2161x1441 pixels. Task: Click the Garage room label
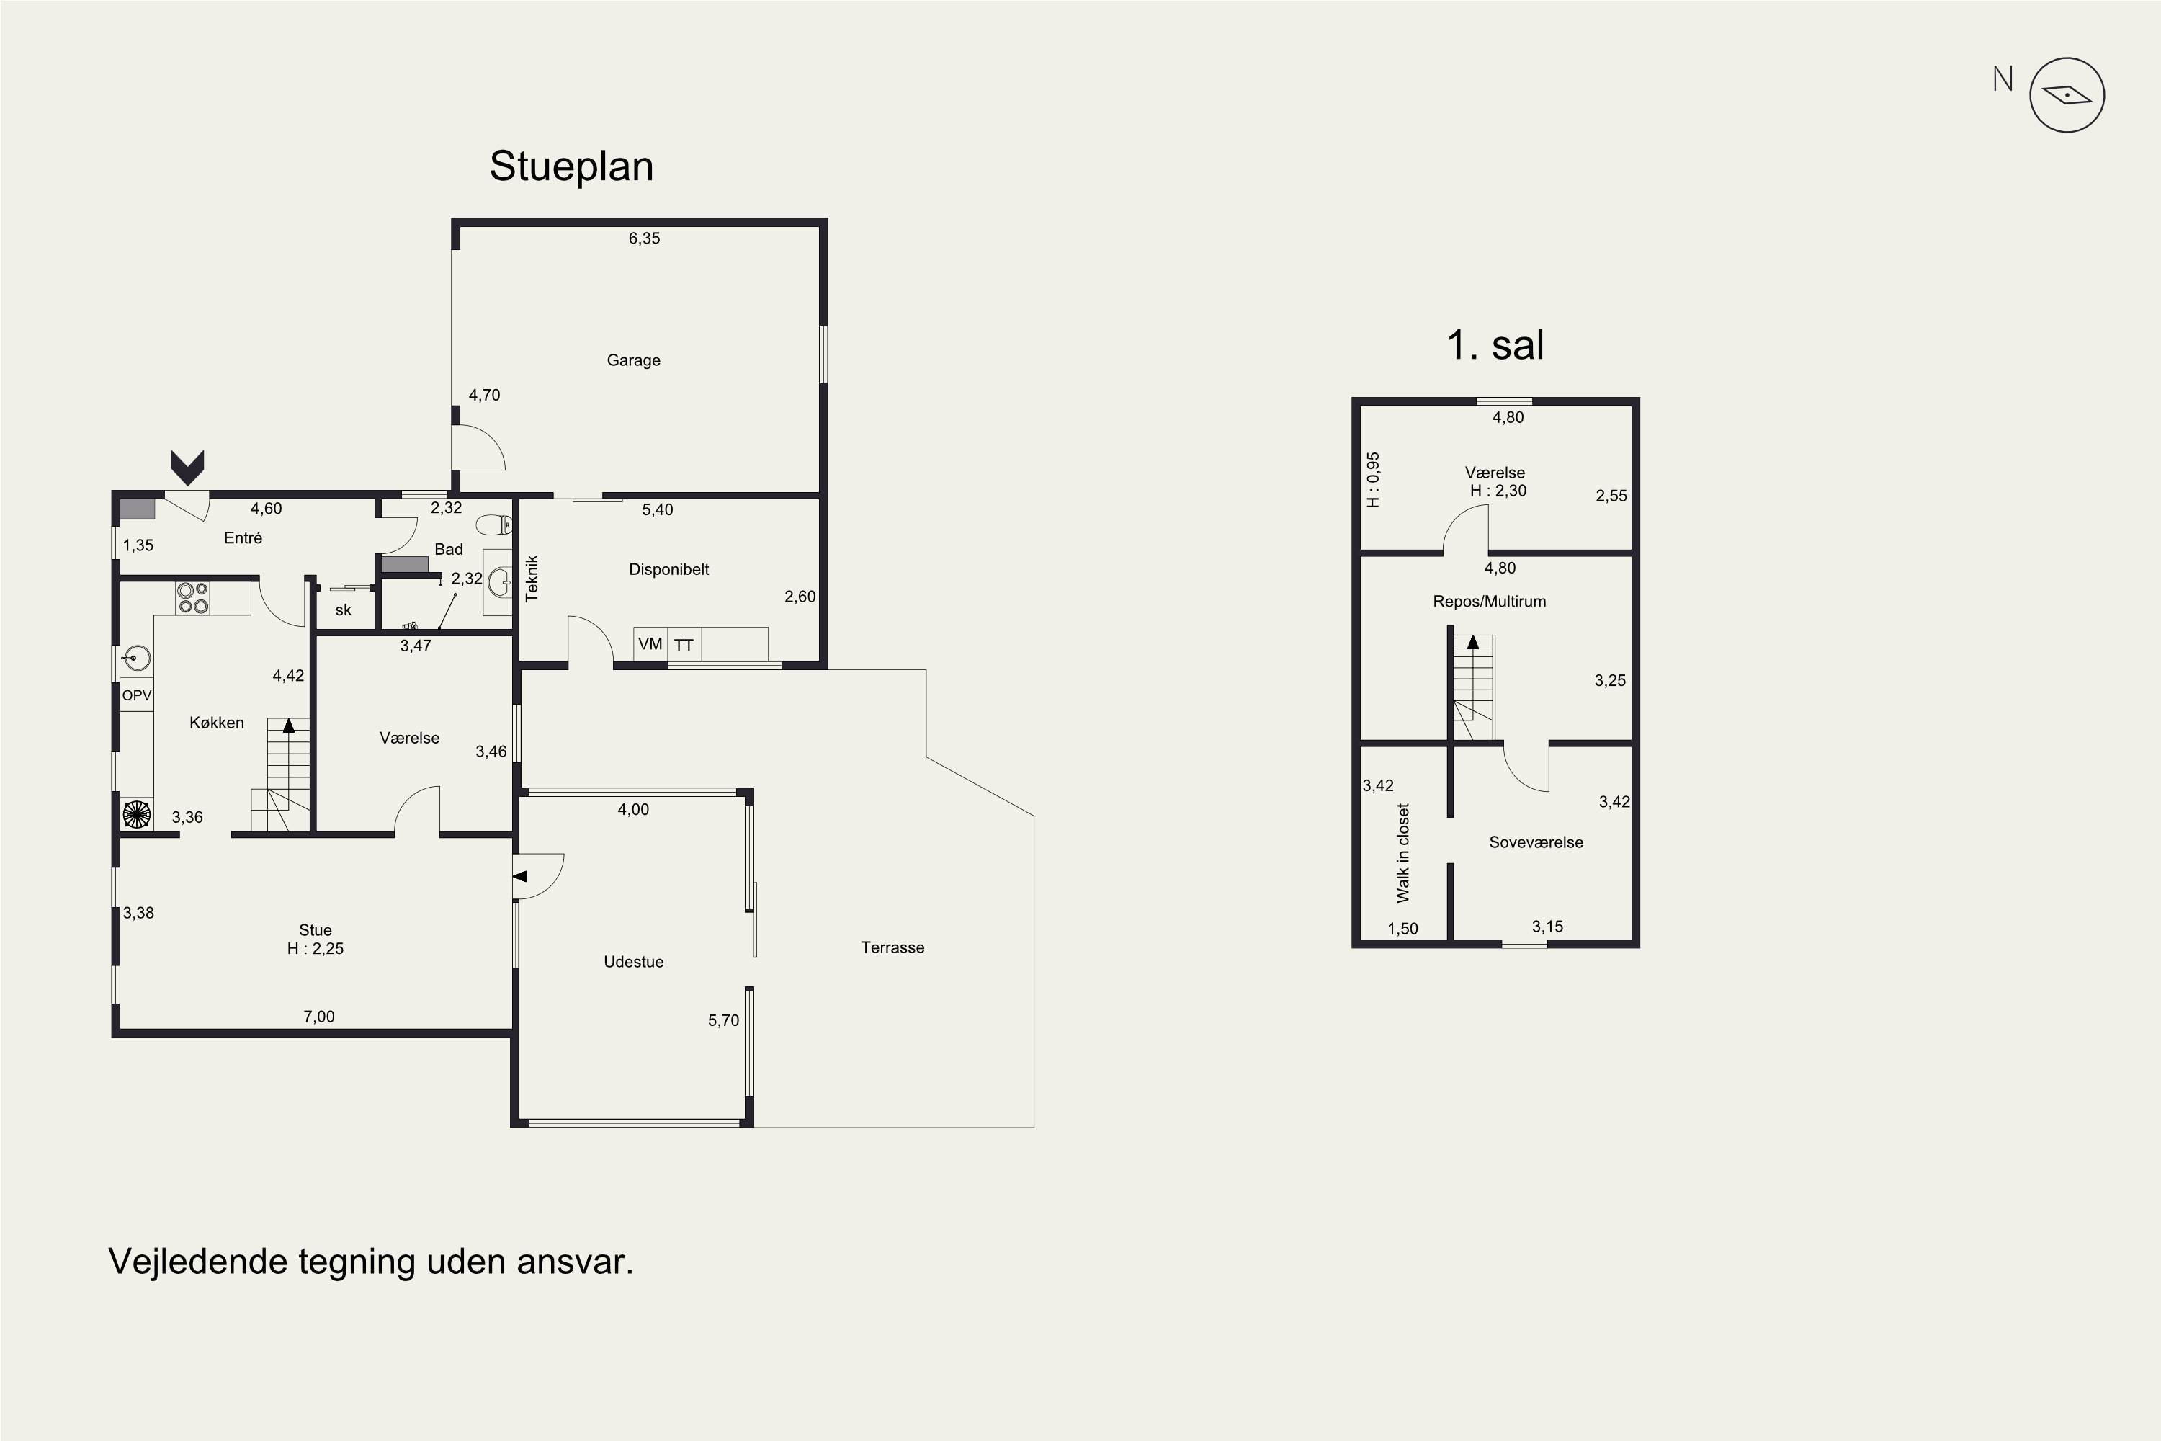coord(633,360)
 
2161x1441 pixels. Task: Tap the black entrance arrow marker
coord(187,468)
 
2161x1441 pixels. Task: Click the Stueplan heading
coord(571,166)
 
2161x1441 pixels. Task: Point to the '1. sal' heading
coord(1495,344)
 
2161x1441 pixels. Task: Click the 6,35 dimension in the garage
coord(644,238)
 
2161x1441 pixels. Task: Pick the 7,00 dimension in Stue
coord(319,1017)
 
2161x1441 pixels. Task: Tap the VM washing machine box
coord(650,644)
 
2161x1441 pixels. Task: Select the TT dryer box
coord(684,644)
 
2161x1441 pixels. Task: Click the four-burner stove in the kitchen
coord(193,598)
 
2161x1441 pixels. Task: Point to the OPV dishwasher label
coord(136,696)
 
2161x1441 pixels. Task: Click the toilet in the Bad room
coord(493,525)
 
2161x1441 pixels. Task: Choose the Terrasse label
coord(892,947)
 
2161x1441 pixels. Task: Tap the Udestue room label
coord(633,962)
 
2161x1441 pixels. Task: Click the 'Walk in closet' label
coord(1402,853)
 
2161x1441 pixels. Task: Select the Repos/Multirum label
coord(1490,602)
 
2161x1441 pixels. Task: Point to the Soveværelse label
coord(1536,843)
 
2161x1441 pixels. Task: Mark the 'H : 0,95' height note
coord(1373,480)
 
